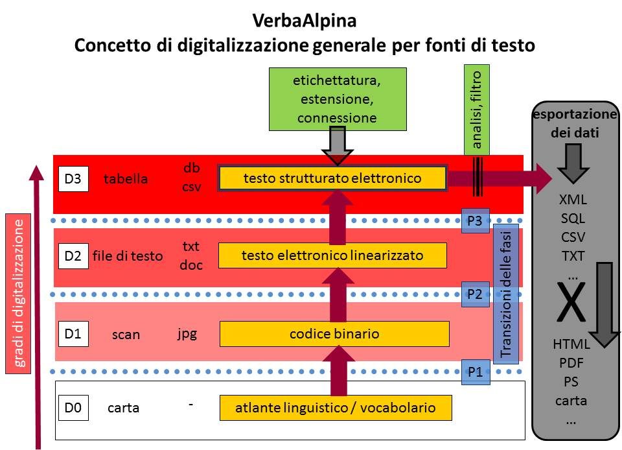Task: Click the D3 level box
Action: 73,179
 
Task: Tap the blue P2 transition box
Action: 475,294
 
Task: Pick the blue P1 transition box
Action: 476,372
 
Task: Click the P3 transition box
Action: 475,220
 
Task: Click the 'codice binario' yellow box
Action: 334,334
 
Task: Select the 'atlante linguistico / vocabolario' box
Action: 335,408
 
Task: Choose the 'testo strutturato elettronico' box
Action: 332,178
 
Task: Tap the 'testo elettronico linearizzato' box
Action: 332,255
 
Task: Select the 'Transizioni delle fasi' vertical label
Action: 507,292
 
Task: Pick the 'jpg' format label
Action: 187,334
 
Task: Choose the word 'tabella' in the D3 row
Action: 126,180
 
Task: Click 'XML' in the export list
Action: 573,200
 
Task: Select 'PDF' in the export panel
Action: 571,362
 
